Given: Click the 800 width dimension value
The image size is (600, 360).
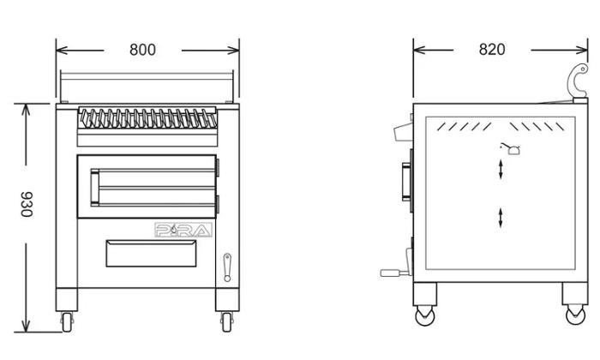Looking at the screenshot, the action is [x=142, y=50].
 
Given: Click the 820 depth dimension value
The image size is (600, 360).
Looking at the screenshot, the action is [x=492, y=50].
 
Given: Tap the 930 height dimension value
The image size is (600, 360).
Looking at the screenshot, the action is [x=27, y=204].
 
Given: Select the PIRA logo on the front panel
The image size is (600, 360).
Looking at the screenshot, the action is [x=183, y=230].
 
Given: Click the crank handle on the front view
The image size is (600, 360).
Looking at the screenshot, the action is [x=227, y=267].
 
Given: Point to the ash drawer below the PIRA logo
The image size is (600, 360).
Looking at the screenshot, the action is [x=151, y=253].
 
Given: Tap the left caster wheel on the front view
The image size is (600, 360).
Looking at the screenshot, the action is [x=67, y=321].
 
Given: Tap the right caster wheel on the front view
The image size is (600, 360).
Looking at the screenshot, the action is [x=227, y=321].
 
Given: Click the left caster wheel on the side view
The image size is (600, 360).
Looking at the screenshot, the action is [x=425, y=315].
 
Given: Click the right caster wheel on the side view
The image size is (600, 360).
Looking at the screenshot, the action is [x=575, y=315].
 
